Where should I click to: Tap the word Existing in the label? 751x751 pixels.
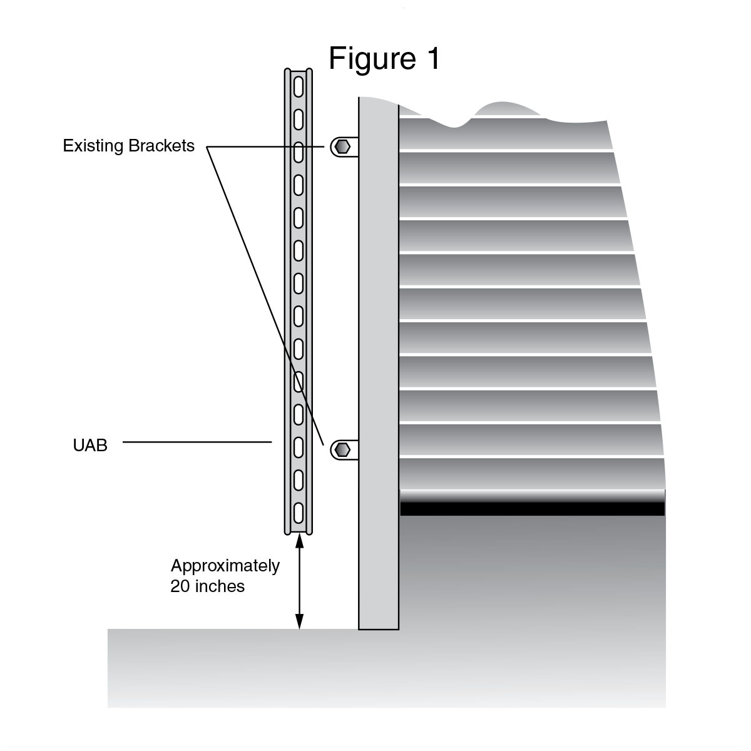click(x=93, y=146)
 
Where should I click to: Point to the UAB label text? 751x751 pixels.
click(x=90, y=446)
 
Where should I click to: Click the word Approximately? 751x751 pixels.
click(x=225, y=566)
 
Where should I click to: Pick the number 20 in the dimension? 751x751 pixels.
click(x=180, y=586)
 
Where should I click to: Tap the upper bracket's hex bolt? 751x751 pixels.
click(x=342, y=147)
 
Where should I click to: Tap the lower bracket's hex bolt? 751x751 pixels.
click(x=342, y=449)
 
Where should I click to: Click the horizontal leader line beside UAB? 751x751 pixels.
click(x=197, y=442)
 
